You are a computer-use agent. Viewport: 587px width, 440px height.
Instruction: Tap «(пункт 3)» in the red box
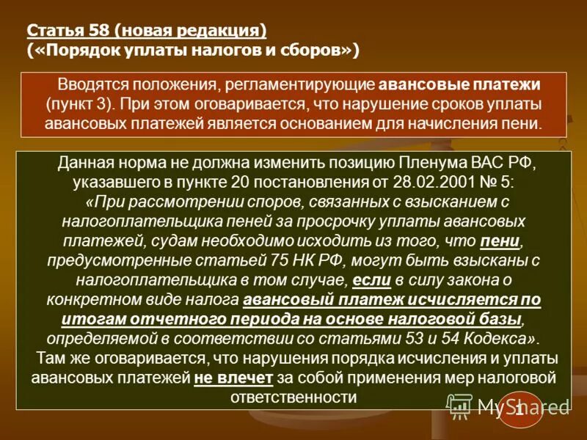pyautogui.click(x=76, y=103)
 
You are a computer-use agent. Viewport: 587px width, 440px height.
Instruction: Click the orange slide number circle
pyautogui.click(x=519, y=411)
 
